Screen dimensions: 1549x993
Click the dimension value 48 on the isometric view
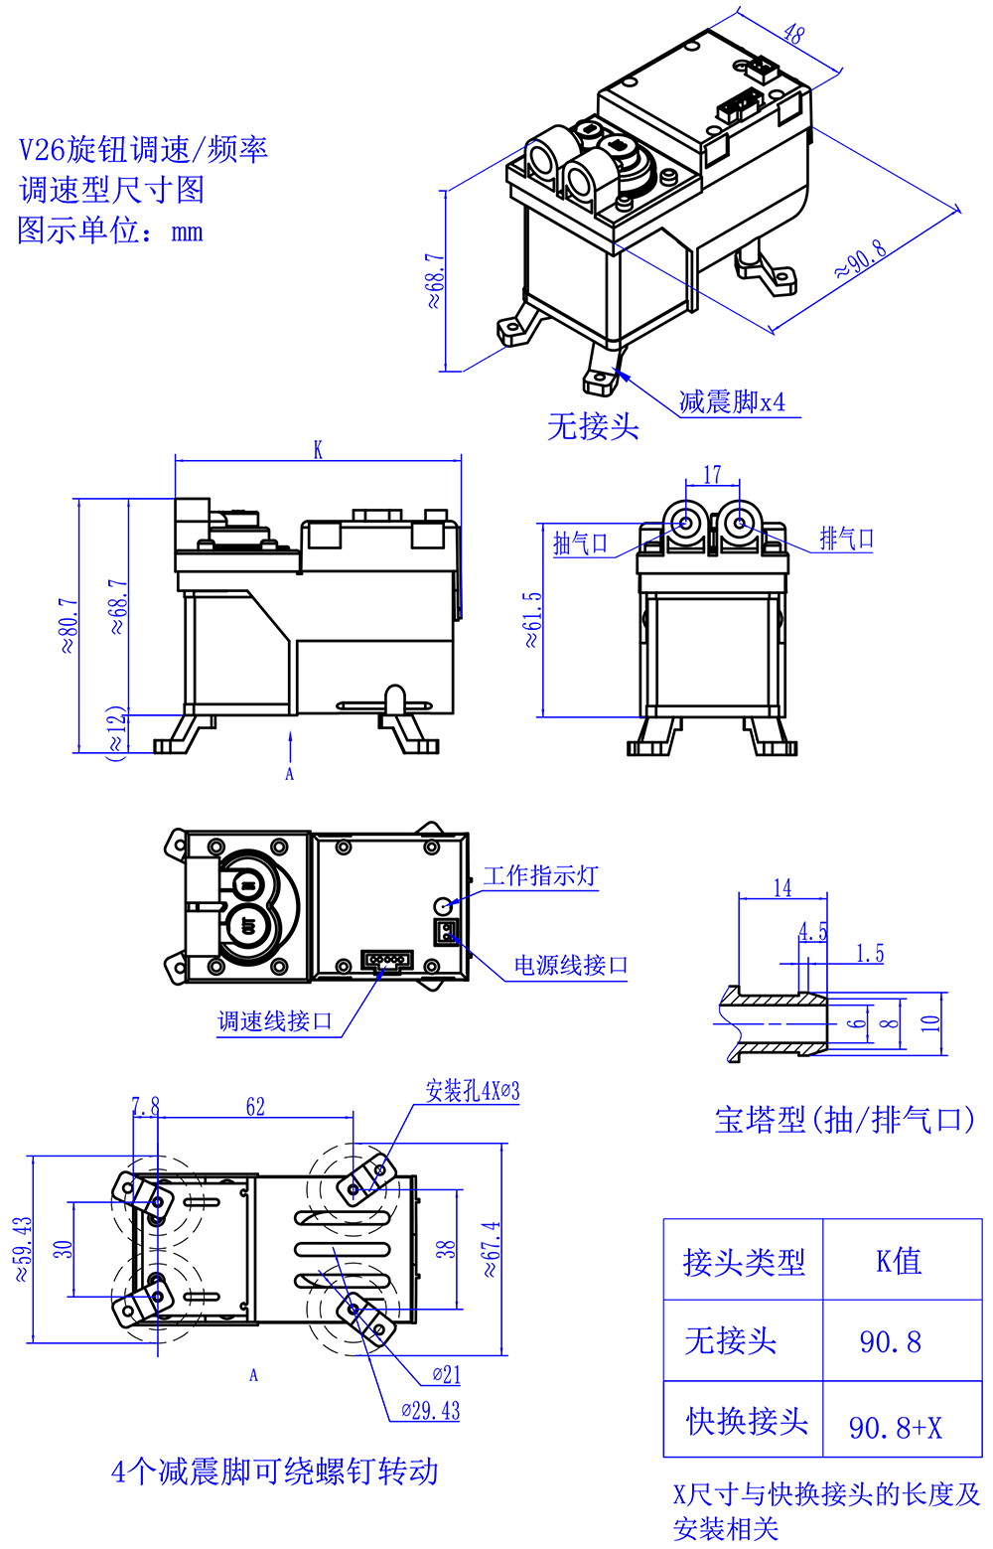point(793,33)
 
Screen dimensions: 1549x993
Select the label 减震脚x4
point(732,401)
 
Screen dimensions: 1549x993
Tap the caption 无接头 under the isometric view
point(593,427)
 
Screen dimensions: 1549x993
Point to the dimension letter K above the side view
point(318,449)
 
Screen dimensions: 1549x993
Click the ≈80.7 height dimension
point(68,625)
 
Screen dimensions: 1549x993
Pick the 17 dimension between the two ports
point(712,474)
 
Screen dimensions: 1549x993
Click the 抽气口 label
point(580,542)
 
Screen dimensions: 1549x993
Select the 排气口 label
point(847,539)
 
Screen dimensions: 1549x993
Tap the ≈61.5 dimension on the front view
point(533,619)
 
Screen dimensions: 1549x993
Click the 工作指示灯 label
point(540,875)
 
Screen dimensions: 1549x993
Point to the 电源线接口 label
point(571,965)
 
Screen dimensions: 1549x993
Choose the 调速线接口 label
point(275,1021)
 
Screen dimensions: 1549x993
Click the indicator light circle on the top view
point(444,905)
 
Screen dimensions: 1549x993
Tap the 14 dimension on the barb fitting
point(782,887)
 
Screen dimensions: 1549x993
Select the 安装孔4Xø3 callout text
point(472,1090)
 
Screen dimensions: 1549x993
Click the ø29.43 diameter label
point(431,1410)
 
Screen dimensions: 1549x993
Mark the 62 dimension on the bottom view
point(255,1106)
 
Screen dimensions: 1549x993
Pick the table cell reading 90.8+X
point(895,1428)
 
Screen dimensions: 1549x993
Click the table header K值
point(899,1261)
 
